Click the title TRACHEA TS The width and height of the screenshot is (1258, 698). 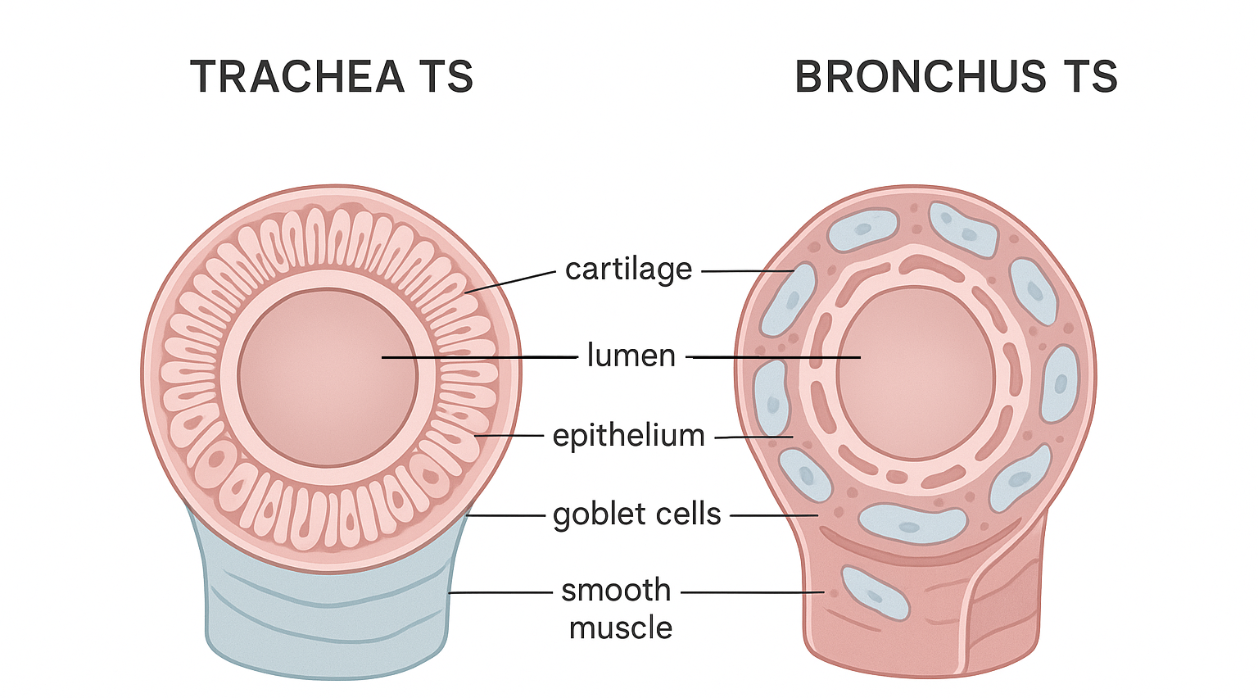(332, 77)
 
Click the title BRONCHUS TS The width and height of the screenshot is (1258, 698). (955, 77)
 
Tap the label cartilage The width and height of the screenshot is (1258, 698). (628, 269)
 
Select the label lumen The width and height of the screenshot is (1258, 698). (631, 356)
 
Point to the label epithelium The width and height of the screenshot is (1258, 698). (628, 435)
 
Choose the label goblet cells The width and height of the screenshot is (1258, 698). (636, 514)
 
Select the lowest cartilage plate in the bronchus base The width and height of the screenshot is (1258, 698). (875, 592)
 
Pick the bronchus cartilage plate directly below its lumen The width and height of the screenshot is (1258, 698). (912, 523)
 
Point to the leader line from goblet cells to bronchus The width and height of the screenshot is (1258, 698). (773, 515)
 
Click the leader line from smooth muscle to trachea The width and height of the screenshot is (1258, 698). (500, 591)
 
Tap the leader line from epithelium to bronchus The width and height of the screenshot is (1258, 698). (753, 437)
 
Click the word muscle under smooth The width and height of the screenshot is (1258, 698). (621, 628)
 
